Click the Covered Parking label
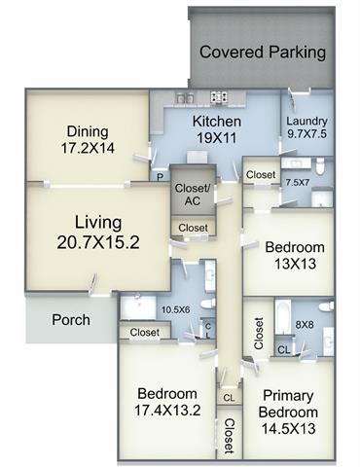pyautogui.click(x=263, y=53)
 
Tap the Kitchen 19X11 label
pyautogui.click(x=217, y=129)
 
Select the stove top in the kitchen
pyautogui.click(x=219, y=97)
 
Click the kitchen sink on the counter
pyautogui.click(x=185, y=97)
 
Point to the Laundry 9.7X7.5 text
pyautogui.click(x=306, y=127)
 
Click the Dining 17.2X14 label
pyautogui.click(x=88, y=140)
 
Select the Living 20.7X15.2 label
pyautogui.click(x=98, y=233)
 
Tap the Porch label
pyautogui.click(x=71, y=320)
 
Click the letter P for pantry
pyautogui.click(x=160, y=177)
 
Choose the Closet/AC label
pyautogui.click(x=193, y=195)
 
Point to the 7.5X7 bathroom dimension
pyautogui.click(x=298, y=182)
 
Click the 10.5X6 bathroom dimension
pyautogui.click(x=175, y=309)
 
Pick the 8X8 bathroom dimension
pyautogui.click(x=305, y=324)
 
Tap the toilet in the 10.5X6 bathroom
pyautogui.click(x=207, y=304)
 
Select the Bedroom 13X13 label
pyautogui.click(x=295, y=256)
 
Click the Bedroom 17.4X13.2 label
pyautogui.click(x=167, y=402)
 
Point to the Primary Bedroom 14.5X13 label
pyautogui.click(x=288, y=412)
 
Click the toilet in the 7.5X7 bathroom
pyautogui.click(x=320, y=165)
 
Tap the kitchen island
pyautogui.click(x=198, y=157)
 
